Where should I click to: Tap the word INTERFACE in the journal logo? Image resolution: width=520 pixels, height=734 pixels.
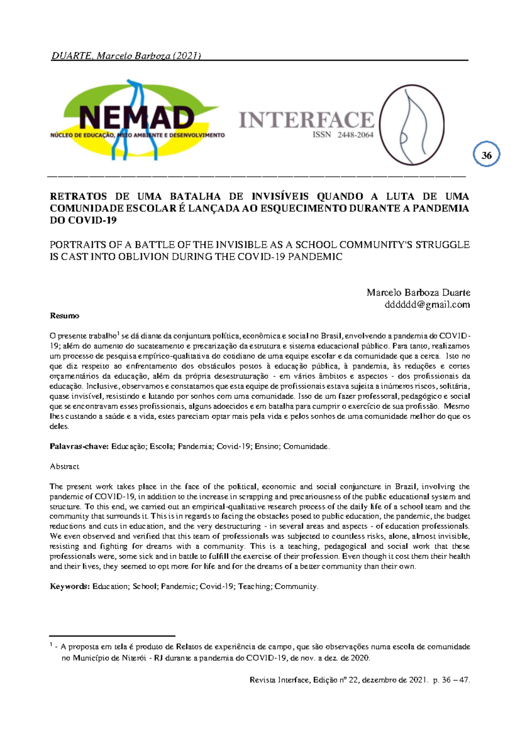click(306, 120)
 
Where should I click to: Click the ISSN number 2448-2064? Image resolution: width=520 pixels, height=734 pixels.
click(355, 135)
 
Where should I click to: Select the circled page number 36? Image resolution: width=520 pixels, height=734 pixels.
click(487, 155)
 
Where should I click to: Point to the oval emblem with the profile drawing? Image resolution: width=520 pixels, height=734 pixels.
click(412, 125)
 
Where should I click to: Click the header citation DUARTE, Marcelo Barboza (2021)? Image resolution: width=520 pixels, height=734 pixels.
click(126, 55)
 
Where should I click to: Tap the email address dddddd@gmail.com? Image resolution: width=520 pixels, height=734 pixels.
click(427, 304)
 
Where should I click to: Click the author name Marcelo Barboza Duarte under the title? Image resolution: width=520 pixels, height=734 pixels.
click(418, 292)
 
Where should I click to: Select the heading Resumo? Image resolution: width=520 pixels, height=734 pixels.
click(65, 315)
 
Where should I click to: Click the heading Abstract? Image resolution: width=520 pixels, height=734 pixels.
click(65, 466)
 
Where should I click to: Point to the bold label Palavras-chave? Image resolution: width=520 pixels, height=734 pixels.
click(79, 446)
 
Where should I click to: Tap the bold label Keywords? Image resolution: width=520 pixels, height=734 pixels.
click(70, 586)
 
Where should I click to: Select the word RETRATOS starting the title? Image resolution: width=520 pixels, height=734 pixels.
click(78, 196)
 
